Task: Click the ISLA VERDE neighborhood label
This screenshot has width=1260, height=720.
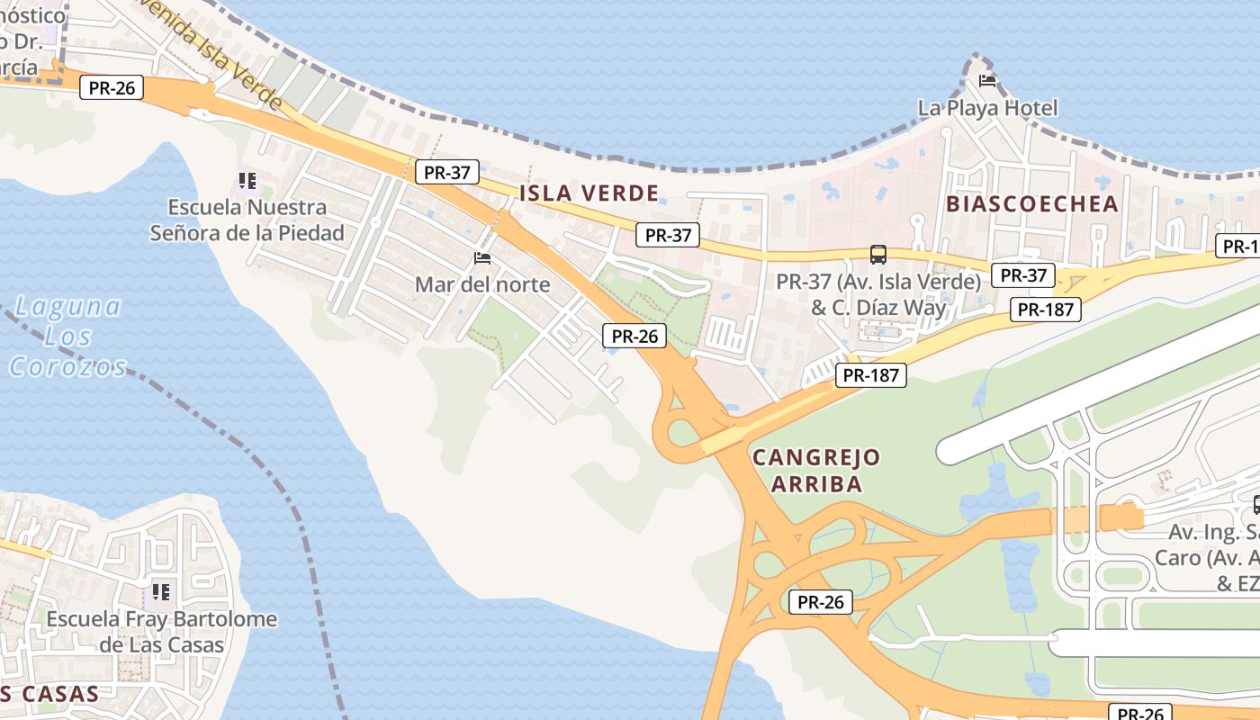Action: (589, 193)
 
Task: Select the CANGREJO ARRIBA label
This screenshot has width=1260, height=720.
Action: (816, 470)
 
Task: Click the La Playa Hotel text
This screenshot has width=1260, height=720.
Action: (987, 108)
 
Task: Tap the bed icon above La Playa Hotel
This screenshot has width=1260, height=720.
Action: (987, 81)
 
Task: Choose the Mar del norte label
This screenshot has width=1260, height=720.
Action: (482, 284)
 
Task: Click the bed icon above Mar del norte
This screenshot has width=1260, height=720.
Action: (482, 258)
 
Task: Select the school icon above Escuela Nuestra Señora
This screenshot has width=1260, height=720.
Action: (247, 181)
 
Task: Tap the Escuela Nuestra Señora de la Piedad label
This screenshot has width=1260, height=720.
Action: (247, 220)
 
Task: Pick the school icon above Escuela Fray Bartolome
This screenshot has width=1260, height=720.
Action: (161, 592)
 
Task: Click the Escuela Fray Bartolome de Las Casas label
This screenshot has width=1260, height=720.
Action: (162, 632)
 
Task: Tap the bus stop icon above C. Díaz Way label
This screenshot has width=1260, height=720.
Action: (877, 255)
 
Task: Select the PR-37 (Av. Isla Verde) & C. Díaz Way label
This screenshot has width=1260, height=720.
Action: (877, 294)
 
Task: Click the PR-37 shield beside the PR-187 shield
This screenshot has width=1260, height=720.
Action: (1022, 275)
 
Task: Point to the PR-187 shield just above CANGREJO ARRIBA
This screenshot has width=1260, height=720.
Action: (871, 375)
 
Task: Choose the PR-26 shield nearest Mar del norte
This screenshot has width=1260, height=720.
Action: (634, 337)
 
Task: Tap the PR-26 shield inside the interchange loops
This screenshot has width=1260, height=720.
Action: (821, 602)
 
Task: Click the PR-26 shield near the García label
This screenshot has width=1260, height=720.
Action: (112, 87)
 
